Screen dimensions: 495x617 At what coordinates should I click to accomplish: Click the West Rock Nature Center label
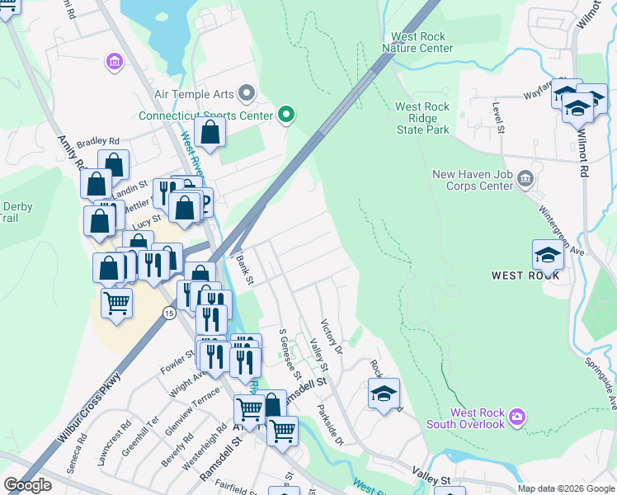(x=417, y=43)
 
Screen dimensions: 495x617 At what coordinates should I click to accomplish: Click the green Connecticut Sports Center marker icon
(x=286, y=115)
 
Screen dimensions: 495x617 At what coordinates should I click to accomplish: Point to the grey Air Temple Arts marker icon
(x=245, y=92)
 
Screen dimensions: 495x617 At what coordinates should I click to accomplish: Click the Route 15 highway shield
(x=168, y=313)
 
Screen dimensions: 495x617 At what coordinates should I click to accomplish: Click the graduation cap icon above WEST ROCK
(x=548, y=255)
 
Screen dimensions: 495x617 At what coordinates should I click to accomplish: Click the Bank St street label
(x=244, y=270)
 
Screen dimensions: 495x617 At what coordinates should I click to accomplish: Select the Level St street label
(x=497, y=115)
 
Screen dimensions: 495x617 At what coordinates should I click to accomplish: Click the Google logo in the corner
(x=28, y=485)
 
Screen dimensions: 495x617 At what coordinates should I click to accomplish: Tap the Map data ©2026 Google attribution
(x=565, y=488)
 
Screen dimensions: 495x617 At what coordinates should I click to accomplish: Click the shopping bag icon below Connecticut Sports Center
(x=211, y=132)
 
